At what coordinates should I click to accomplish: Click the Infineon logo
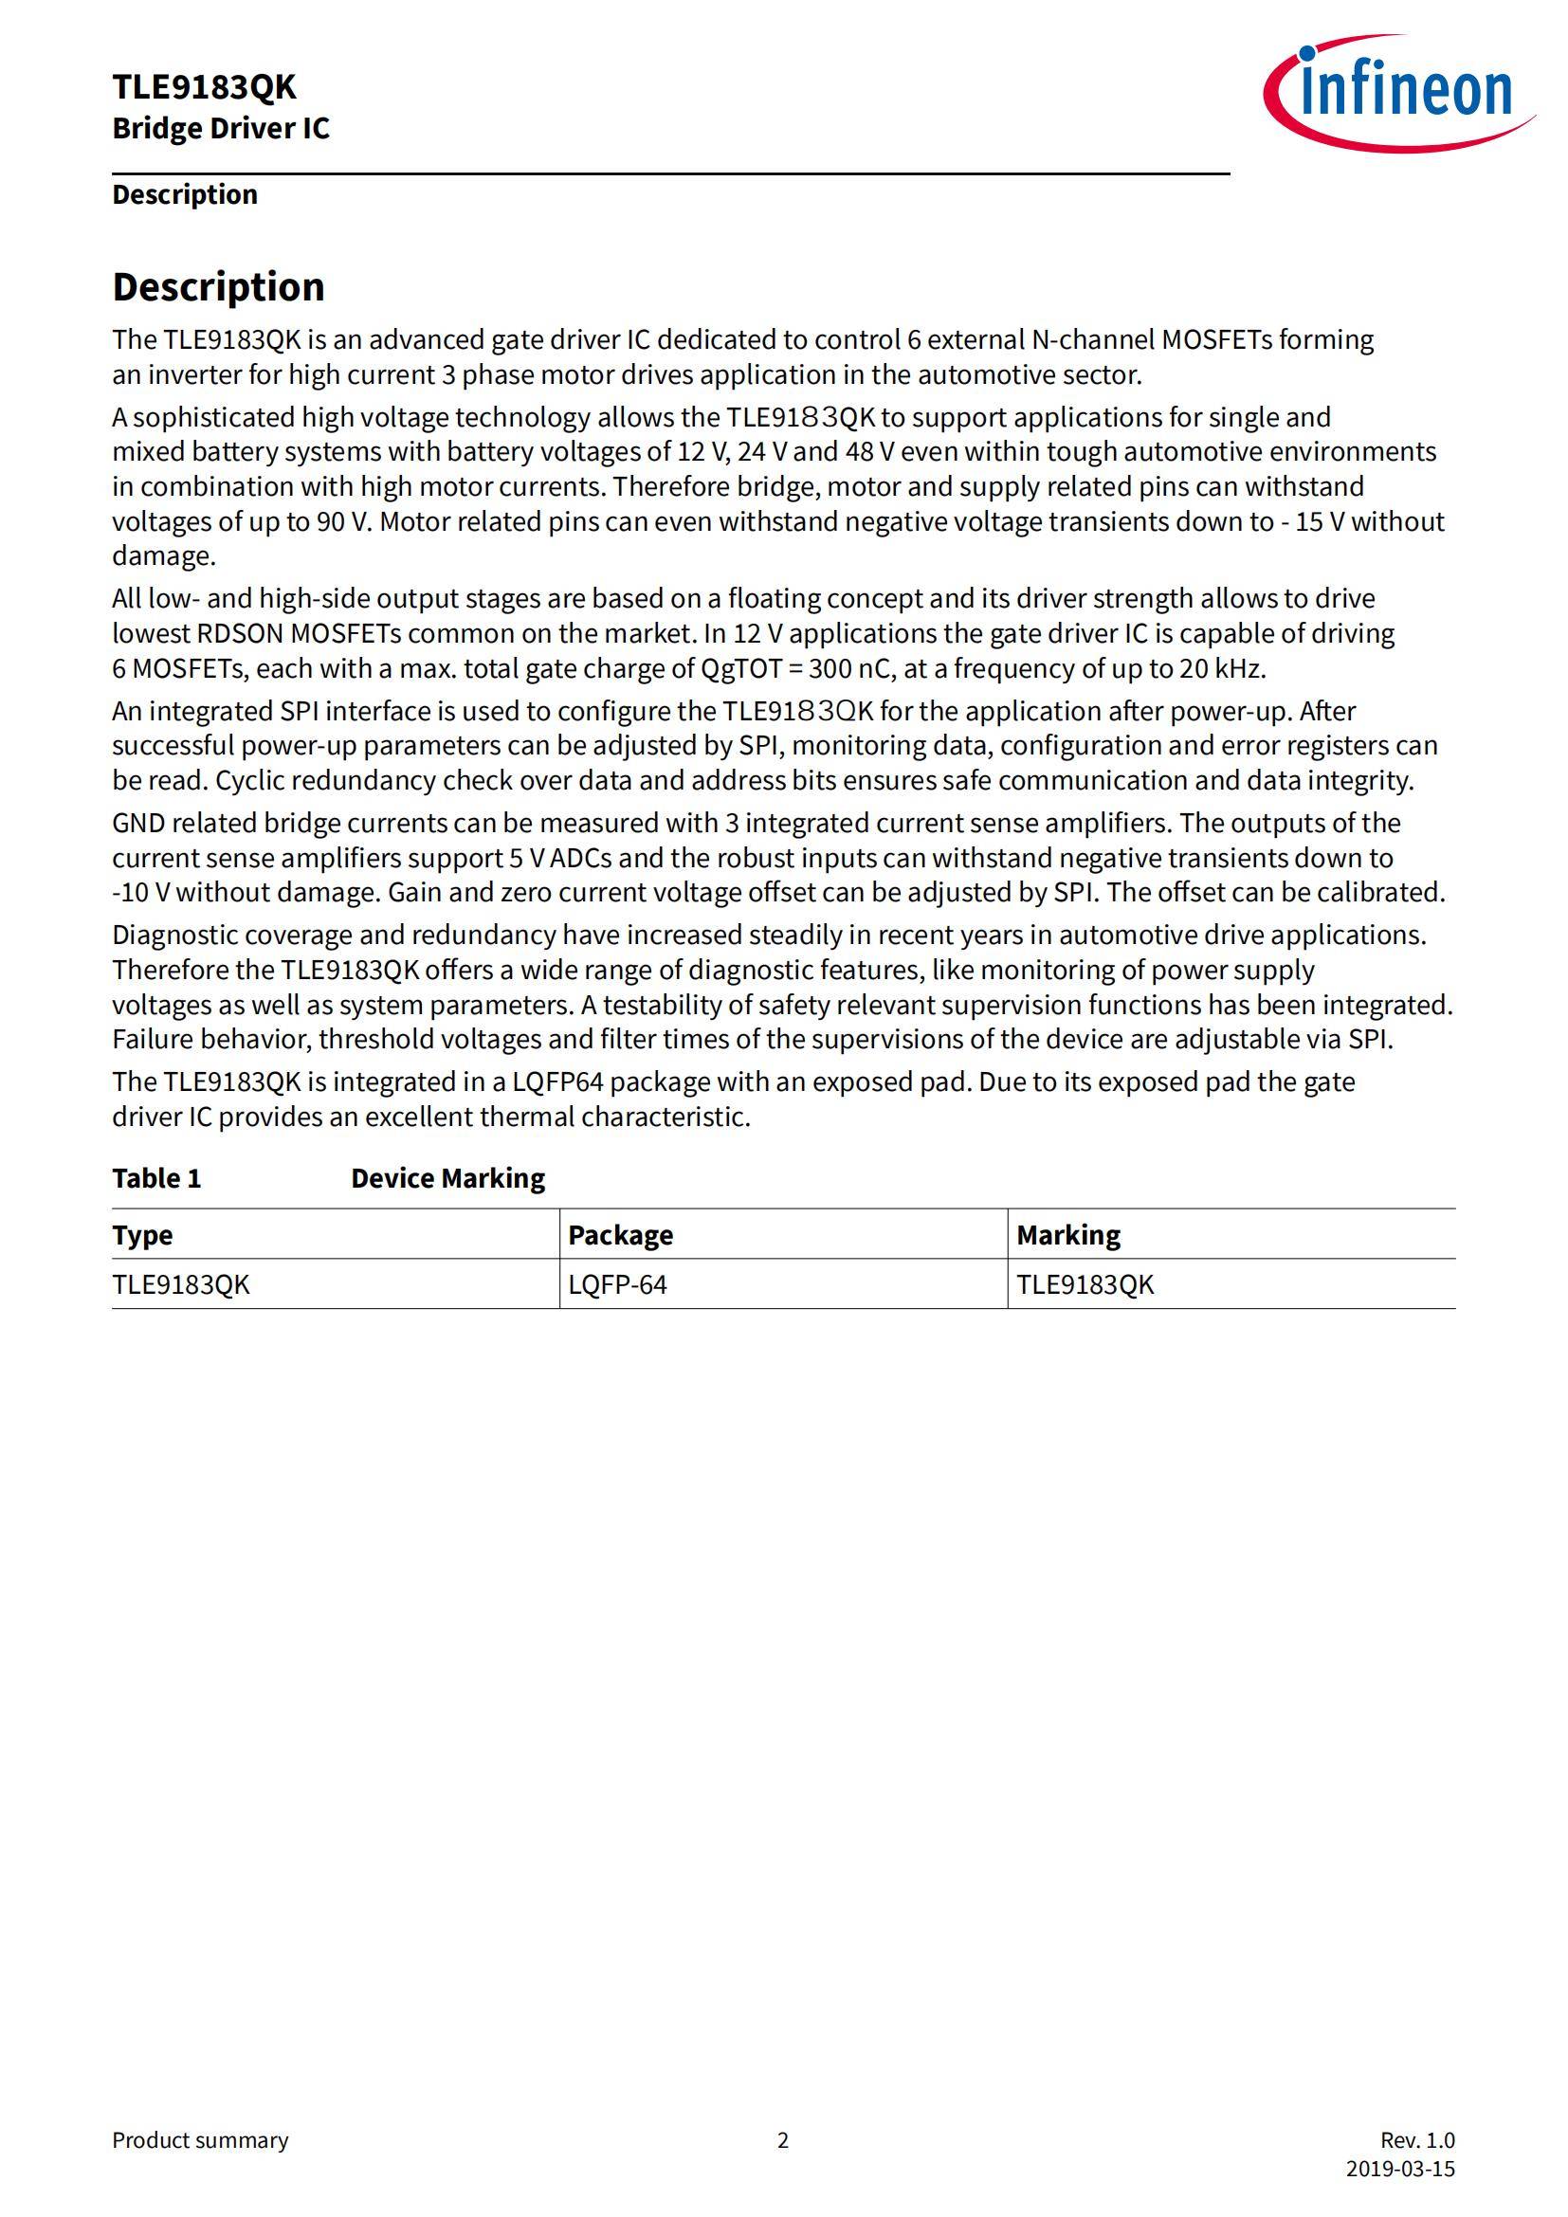[1398, 93]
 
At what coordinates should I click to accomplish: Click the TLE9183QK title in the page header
[204, 87]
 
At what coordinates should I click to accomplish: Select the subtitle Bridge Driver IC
[220, 128]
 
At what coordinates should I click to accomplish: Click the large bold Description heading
[218, 287]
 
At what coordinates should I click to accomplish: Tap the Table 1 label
[156, 1178]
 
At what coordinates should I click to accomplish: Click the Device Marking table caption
[448, 1178]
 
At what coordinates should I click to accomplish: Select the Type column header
[142, 1235]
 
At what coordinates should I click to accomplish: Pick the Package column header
[620, 1235]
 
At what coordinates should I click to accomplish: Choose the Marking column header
[1067, 1235]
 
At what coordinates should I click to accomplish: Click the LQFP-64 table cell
[617, 1285]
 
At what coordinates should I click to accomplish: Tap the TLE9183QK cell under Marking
[1085, 1285]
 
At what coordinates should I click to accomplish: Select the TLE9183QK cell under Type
[180, 1285]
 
